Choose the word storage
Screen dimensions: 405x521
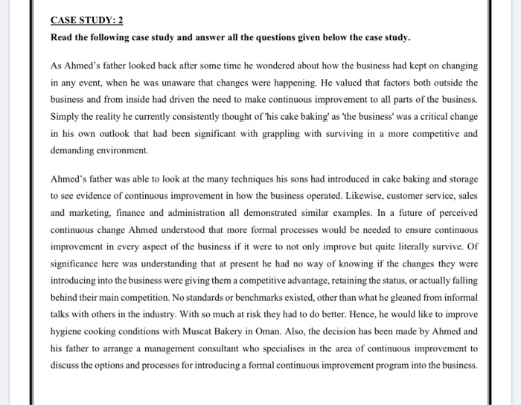[x=460, y=179]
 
